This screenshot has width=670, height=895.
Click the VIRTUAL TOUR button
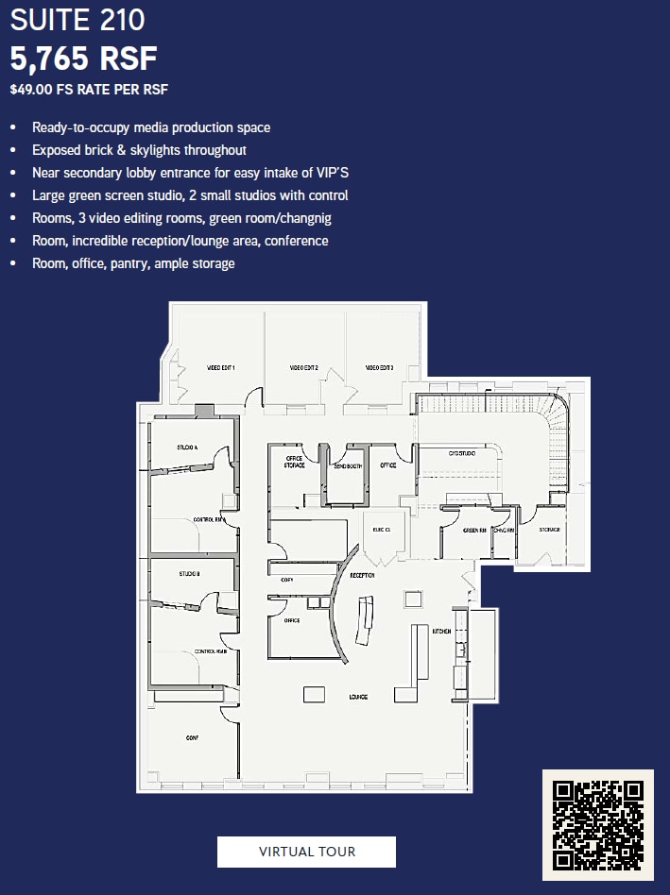306,852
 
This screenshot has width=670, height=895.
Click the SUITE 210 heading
77,20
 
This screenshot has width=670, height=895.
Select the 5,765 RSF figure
83,59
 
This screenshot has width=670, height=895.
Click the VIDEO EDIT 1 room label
220,367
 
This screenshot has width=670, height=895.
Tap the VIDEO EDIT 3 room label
379,367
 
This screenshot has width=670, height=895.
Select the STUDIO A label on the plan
187,447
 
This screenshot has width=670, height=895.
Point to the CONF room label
192,738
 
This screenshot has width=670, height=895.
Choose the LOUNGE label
357,697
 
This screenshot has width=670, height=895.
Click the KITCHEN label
441,631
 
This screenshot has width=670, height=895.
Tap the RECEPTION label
362,575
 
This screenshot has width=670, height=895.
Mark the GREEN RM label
474,530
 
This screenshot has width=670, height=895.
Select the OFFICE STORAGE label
294,462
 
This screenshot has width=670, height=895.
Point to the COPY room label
286,581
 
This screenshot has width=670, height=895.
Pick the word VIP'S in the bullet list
331,173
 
